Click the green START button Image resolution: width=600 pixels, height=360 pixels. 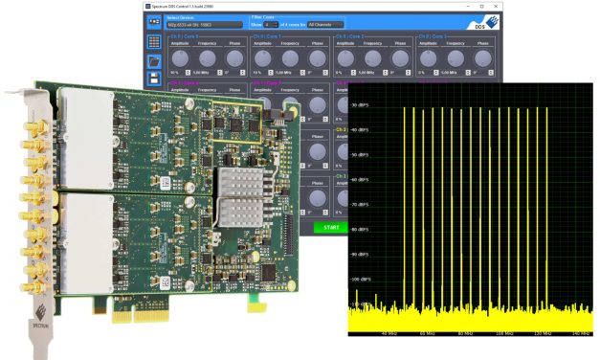point(331,228)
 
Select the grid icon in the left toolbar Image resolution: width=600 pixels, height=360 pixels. point(154,42)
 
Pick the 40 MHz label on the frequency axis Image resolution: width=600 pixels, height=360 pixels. point(388,333)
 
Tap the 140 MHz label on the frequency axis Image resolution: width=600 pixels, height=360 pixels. point(578,333)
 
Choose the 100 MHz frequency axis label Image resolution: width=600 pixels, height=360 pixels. point(502,333)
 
